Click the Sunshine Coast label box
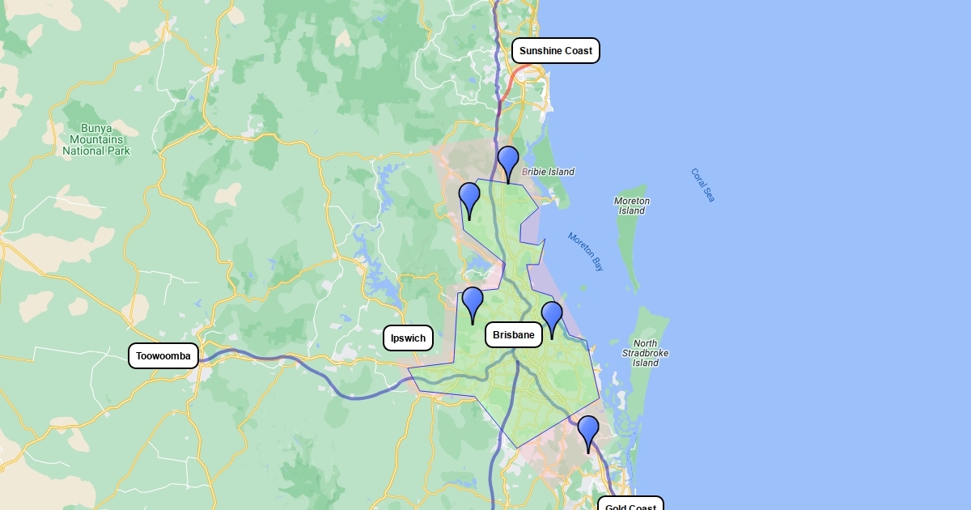555,51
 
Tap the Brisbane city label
513,334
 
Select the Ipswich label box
408,338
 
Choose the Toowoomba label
163,355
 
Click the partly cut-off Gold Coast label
630,505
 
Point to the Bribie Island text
548,172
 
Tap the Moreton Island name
632,206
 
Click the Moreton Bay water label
586,252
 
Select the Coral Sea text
703,185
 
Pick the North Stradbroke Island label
645,353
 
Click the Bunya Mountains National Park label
96,139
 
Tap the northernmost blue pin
508,162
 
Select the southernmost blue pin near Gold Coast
588,431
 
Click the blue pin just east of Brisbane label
552,317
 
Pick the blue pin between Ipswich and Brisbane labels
473,303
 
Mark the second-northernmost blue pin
469,198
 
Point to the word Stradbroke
645,353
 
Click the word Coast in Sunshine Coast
579,51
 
